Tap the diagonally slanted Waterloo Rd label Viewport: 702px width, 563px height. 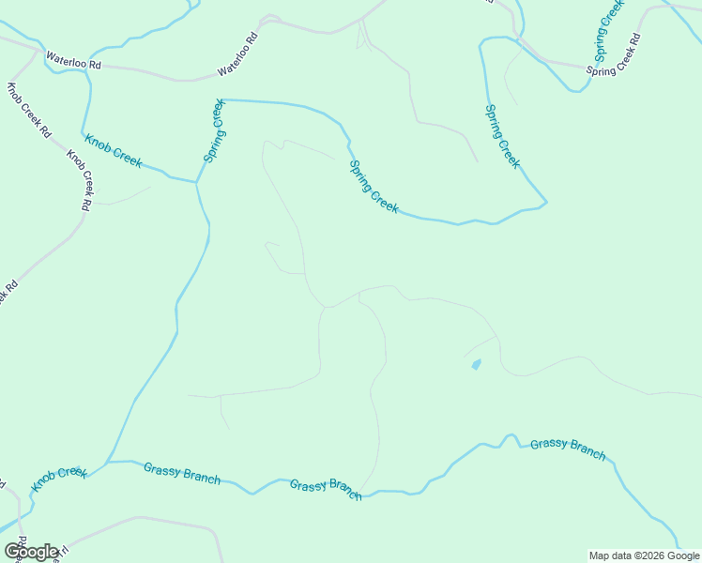pyautogui.click(x=237, y=57)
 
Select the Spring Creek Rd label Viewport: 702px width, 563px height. pyautogui.click(x=614, y=55)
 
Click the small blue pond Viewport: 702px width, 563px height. pyautogui.click(x=476, y=364)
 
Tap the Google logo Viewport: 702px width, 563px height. pyautogui.click(x=30, y=551)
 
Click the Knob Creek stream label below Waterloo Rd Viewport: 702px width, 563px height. pyautogui.click(x=114, y=150)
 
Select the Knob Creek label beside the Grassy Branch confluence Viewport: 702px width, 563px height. pyautogui.click(x=59, y=479)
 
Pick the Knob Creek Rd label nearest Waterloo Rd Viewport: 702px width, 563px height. pyautogui.click(x=28, y=111)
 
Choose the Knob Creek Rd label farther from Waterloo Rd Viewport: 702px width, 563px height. pyautogui.click(x=79, y=178)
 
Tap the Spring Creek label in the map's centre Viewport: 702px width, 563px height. pyautogui.click(x=374, y=187)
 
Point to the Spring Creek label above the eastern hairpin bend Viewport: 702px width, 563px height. pyautogui.click(x=501, y=136)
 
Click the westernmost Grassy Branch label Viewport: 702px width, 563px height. pyautogui.click(x=182, y=473)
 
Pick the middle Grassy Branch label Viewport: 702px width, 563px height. pyautogui.click(x=326, y=489)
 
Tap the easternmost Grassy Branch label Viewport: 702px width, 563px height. pyautogui.click(x=568, y=449)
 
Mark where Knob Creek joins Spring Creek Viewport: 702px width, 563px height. pyautogui.click(x=196, y=183)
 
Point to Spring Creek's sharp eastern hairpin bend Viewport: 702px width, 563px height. pyautogui.click(x=545, y=201)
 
